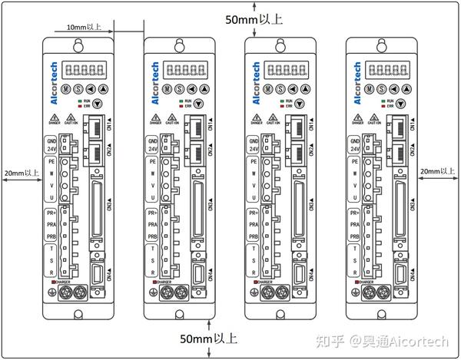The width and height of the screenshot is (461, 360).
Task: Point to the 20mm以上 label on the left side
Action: coord(21,173)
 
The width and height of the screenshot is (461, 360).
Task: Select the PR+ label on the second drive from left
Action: coord(153,212)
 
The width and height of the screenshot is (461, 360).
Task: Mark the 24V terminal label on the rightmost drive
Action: coord(354,150)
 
